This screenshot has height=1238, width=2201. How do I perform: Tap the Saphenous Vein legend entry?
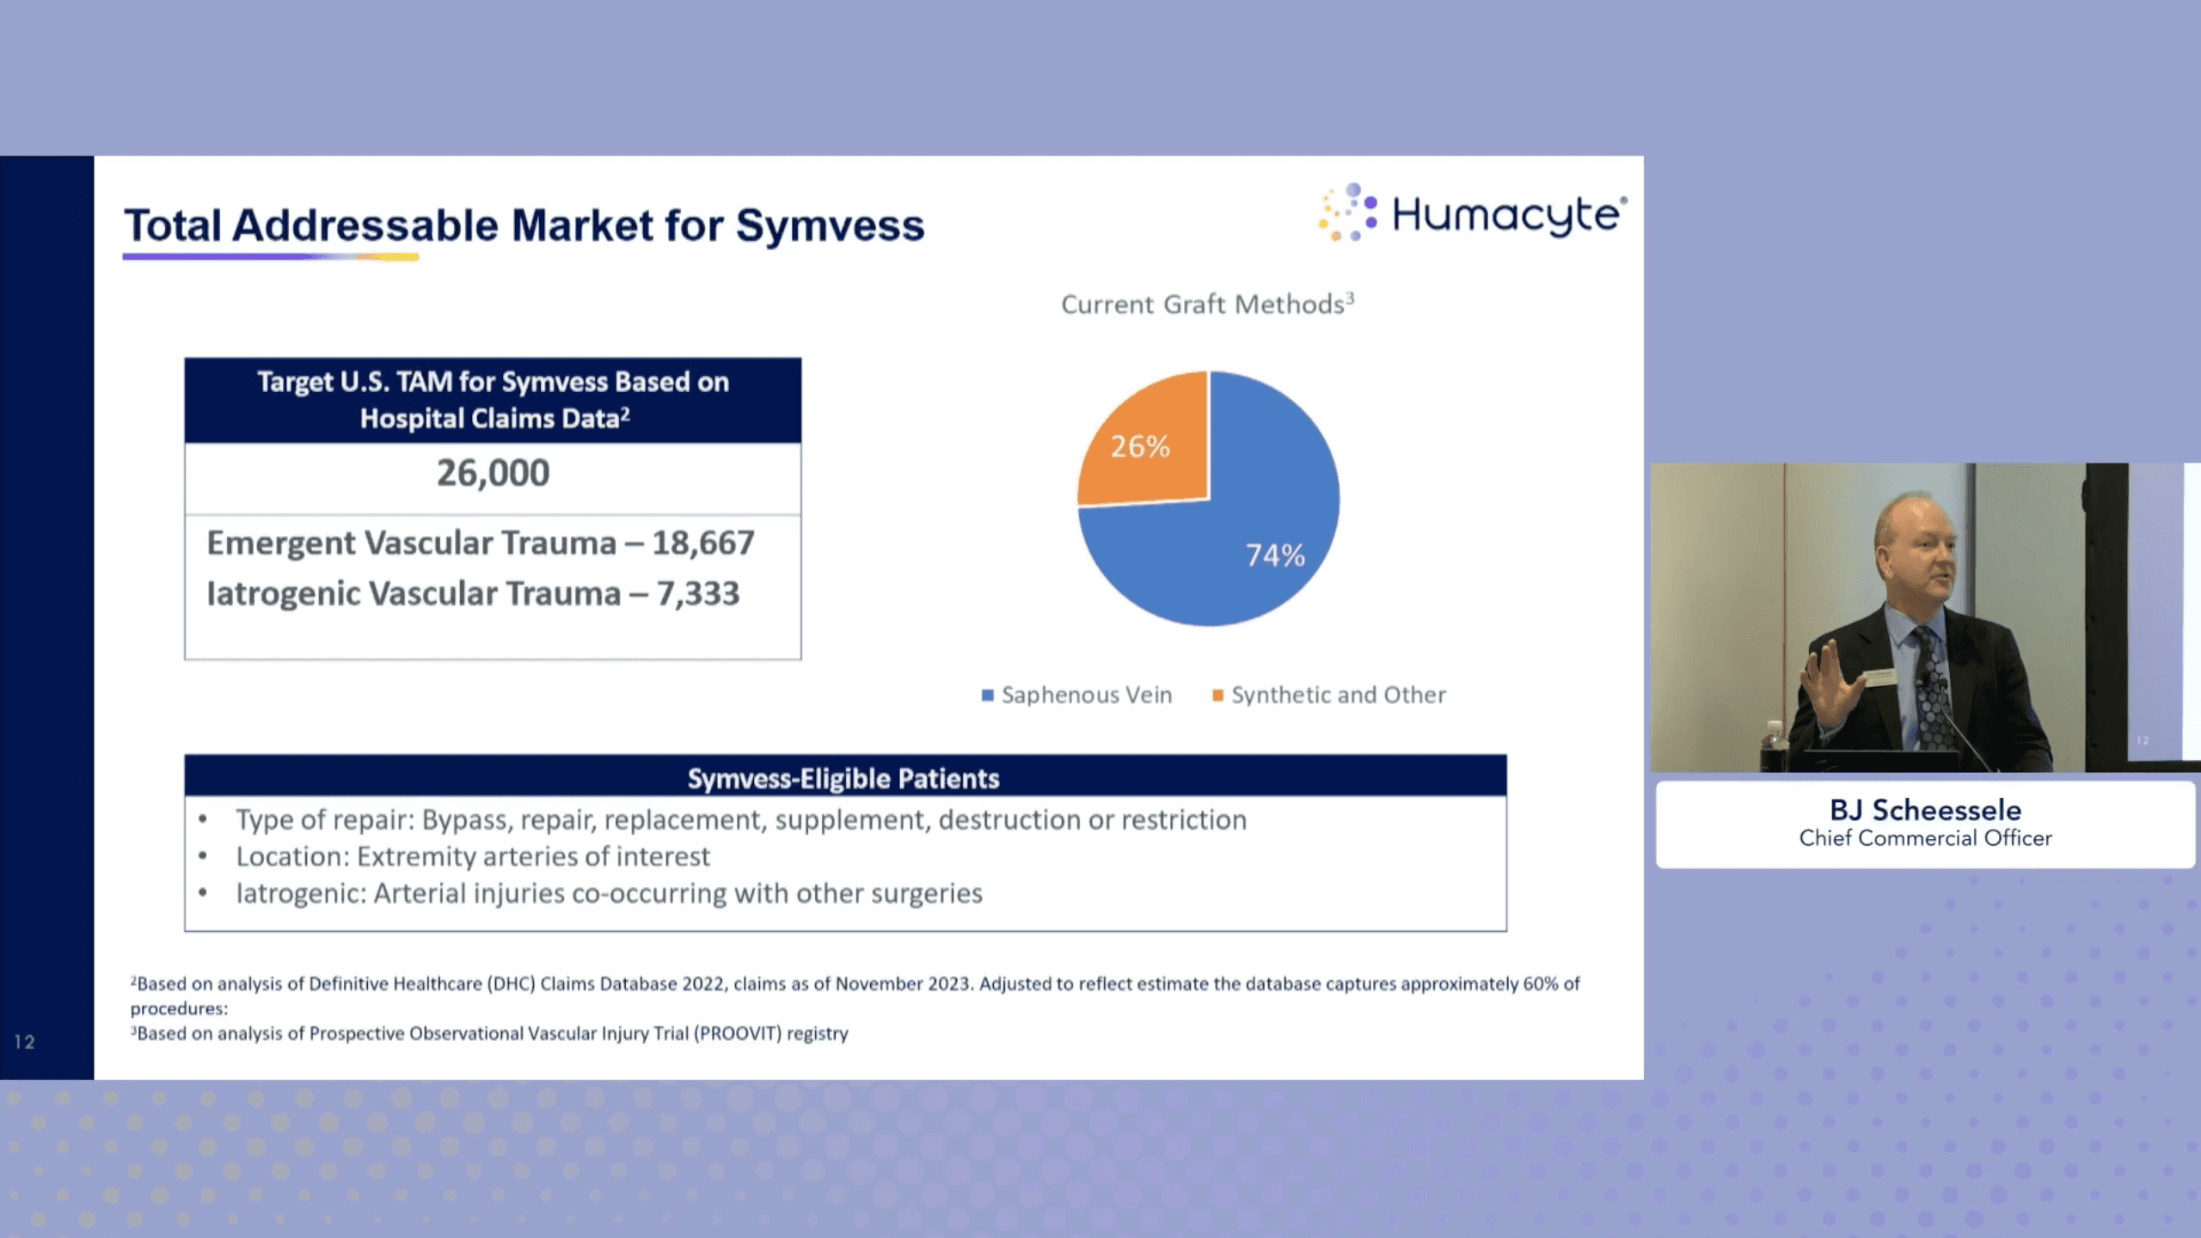1077,695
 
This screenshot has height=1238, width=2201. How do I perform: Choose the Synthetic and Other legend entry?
1329,695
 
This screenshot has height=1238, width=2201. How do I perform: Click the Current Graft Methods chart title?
1207,303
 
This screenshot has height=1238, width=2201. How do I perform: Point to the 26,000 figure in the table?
493,473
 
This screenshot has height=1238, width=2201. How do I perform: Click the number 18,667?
703,543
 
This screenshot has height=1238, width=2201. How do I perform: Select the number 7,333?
698,594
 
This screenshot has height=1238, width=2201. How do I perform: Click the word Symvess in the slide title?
830,225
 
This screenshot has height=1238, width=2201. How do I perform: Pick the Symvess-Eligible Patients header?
843,778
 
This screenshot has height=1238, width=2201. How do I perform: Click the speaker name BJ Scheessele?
1925,810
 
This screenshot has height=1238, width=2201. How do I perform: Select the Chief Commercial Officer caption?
1925,838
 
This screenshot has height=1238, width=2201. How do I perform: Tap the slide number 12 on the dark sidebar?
24,1042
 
